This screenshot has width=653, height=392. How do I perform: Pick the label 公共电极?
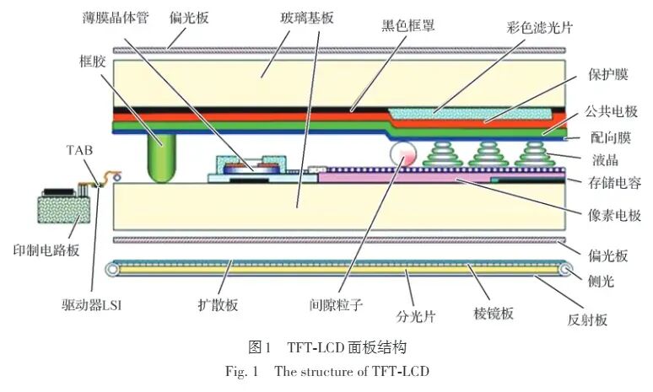[615, 111]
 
